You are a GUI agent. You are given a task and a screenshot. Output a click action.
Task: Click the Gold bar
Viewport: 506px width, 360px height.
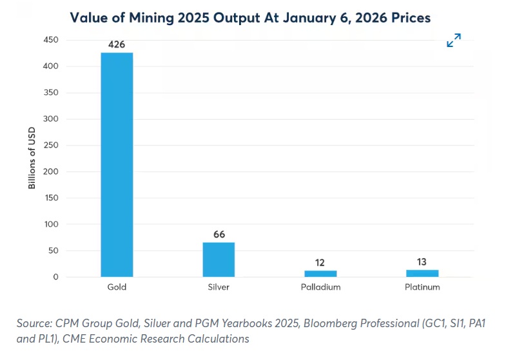(117, 165)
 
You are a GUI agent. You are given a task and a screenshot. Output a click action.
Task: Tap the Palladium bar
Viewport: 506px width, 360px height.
(320, 274)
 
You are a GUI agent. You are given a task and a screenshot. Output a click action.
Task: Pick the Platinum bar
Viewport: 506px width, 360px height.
(422, 273)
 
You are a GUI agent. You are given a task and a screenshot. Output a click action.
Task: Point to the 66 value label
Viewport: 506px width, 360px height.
(219, 234)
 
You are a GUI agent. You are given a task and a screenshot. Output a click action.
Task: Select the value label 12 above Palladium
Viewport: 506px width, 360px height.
(320, 263)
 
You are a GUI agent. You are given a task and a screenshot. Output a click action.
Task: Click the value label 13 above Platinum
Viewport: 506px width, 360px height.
(422, 262)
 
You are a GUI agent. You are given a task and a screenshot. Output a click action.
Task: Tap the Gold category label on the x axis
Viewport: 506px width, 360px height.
(117, 287)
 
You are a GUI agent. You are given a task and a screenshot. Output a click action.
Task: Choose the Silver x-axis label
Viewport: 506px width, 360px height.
(219, 287)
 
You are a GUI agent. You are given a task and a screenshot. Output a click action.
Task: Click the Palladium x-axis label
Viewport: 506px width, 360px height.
(320, 287)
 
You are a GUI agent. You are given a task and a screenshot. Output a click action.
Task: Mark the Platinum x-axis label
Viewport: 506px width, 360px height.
(422, 287)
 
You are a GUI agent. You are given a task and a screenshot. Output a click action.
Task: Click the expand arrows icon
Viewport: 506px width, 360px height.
(454, 41)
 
